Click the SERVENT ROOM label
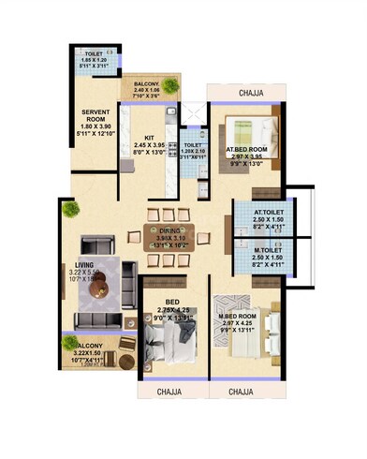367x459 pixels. [96, 115]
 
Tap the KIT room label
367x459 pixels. [150, 137]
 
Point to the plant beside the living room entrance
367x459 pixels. [69, 210]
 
